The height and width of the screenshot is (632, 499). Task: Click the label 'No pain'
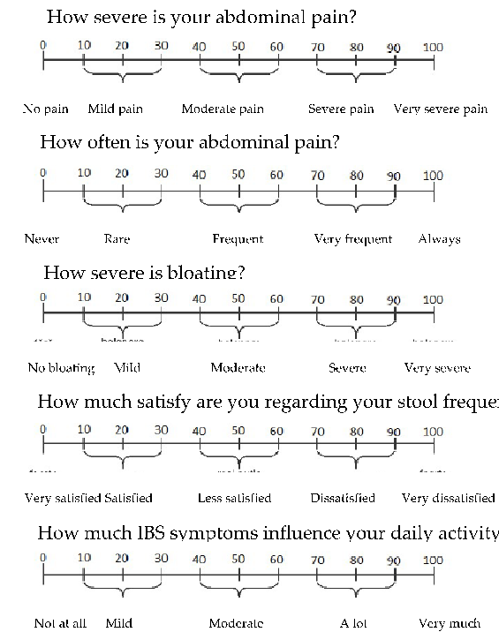[x=45, y=109]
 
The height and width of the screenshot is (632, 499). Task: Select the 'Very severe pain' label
[x=440, y=109]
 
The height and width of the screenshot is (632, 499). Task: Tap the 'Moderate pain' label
[x=223, y=109]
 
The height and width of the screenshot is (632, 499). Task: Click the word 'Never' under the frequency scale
[x=42, y=239]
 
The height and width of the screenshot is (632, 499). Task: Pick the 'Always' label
[x=439, y=239]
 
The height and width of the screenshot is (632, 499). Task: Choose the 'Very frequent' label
[x=353, y=239]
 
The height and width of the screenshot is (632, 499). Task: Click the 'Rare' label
[x=117, y=239]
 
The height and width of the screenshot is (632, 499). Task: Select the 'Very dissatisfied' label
[x=448, y=499]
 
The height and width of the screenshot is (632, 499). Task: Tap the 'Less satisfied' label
[x=234, y=499]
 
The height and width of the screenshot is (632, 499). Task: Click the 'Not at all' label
[x=60, y=623]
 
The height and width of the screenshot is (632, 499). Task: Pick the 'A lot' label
[x=359, y=623]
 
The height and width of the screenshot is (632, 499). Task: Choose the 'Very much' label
[x=450, y=623]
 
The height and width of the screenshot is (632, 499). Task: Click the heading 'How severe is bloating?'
[x=144, y=273]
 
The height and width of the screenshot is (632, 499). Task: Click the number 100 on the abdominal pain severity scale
[x=433, y=47]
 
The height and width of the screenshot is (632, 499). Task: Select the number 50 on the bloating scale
[x=238, y=299]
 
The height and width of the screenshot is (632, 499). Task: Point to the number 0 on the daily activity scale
[x=43, y=560]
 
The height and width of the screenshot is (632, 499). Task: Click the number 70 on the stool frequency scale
[x=317, y=432]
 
